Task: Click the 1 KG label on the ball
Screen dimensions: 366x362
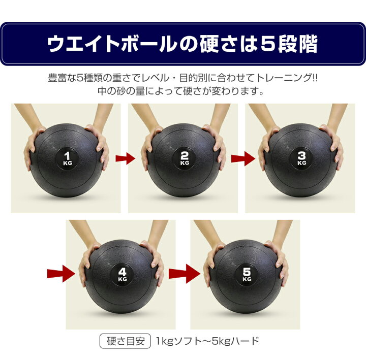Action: point(68,158)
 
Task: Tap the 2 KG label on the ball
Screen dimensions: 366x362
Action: point(185,158)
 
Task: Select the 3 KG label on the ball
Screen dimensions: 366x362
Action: point(301,158)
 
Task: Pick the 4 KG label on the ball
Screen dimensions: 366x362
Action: point(123,275)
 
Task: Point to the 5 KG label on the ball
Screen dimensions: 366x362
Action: point(247,275)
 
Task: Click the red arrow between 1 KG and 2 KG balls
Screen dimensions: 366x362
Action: point(126,158)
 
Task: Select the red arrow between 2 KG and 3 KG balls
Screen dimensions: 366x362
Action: point(243,158)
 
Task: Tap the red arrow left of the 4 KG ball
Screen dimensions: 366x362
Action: point(61,274)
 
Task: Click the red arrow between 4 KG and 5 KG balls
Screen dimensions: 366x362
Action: point(185,274)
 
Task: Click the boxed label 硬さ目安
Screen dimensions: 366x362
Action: point(126,341)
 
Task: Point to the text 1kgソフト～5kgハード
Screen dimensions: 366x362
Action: point(207,341)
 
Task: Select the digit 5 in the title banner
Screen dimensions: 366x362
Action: point(267,43)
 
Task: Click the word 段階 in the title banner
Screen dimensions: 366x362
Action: point(297,44)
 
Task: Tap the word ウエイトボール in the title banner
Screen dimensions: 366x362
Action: point(111,44)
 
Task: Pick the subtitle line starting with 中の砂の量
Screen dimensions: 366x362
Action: point(181,91)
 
